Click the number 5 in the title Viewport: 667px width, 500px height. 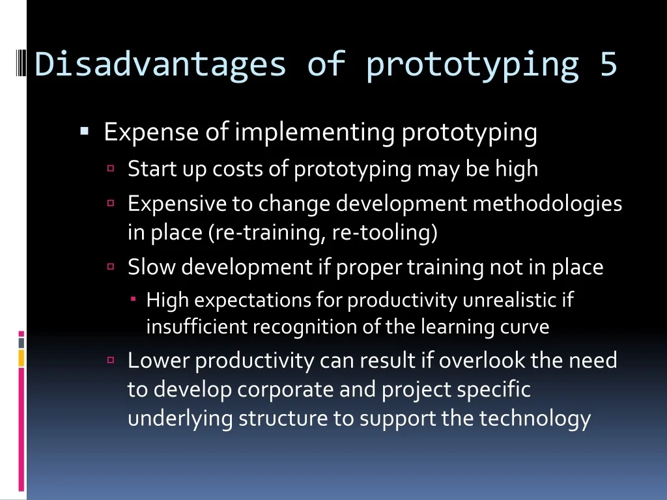(608, 64)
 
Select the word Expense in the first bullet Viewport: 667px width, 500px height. (151, 132)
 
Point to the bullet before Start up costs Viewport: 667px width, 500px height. (111, 168)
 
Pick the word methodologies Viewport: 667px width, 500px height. (547, 203)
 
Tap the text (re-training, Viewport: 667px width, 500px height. (267, 232)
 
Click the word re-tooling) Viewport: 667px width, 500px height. (384, 232)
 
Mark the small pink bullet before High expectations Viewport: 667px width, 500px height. (133, 299)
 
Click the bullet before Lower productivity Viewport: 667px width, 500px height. (111, 360)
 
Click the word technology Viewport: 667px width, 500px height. (535, 419)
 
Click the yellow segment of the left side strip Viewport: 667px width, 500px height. (21, 358)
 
